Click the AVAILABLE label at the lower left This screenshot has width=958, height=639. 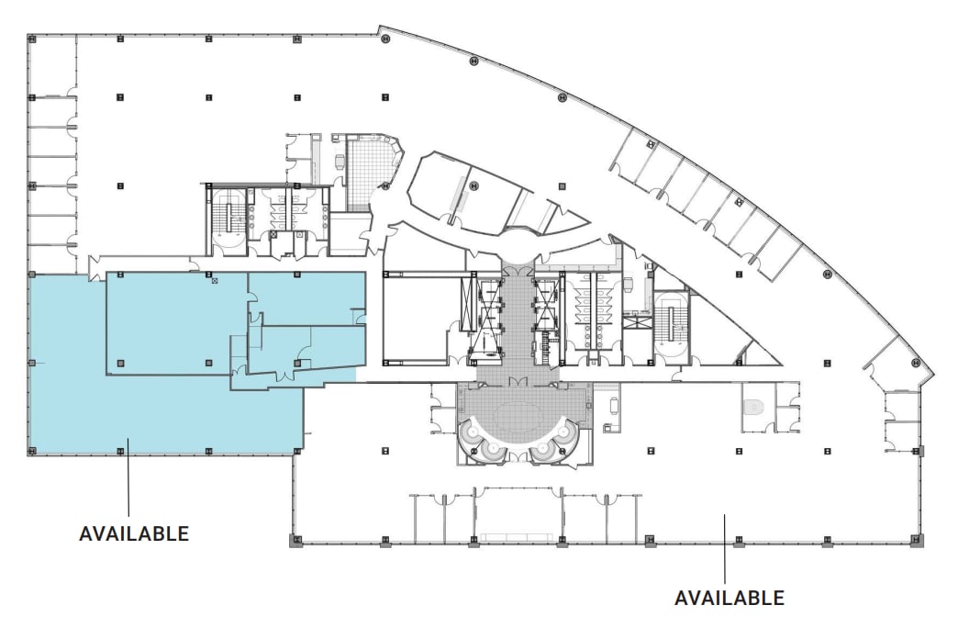tap(134, 533)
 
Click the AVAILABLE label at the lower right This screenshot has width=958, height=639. tap(729, 598)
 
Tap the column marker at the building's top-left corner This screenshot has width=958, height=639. tap(31, 39)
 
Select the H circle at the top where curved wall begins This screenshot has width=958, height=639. tap(386, 39)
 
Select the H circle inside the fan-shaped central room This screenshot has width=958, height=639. tap(474, 186)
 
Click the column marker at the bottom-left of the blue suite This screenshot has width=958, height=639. tap(31, 451)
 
